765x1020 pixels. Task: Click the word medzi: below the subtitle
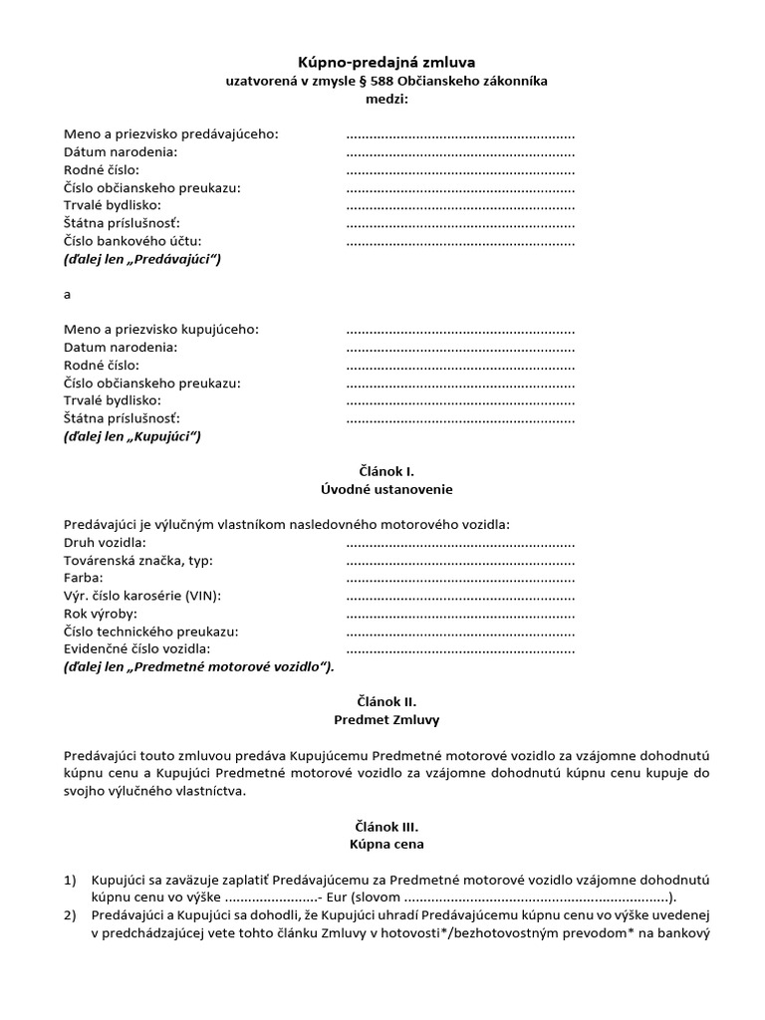tap(387, 99)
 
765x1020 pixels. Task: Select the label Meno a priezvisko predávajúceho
tap(171, 133)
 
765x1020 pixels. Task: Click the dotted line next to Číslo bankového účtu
tap(460, 241)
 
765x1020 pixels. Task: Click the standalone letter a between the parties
tap(67, 294)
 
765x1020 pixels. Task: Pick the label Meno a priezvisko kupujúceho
tap(160, 329)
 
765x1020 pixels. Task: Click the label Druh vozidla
tap(105, 542)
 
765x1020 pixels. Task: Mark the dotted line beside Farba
tap(460, 578)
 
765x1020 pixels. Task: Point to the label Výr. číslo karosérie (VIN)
tap(141, 596)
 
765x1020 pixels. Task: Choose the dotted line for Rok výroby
tap(460, 614)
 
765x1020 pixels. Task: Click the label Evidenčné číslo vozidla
tap(138, 649)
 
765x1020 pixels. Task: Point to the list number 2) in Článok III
tap(70, 915)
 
